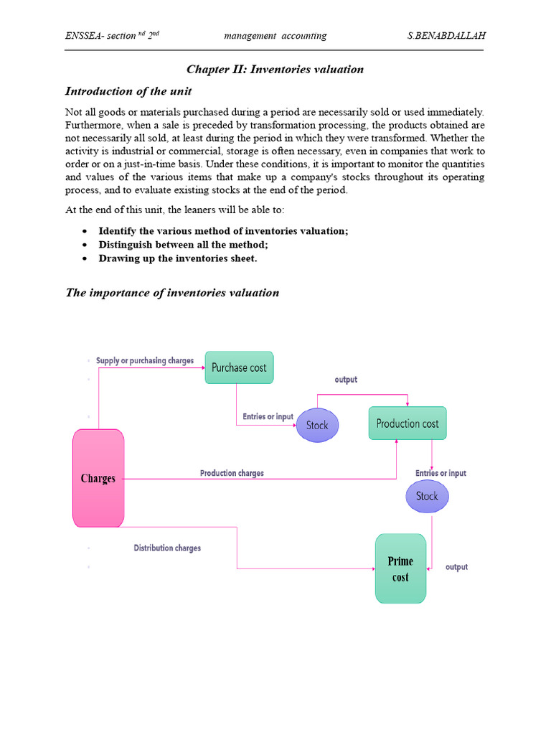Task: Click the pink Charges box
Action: pos(98,478)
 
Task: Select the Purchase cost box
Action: pos(239,367)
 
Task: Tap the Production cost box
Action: pos(408,423)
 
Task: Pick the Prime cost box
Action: pos(400,569)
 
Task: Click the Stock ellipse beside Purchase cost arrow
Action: pos(317,425)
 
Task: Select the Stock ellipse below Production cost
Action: pos(427,496)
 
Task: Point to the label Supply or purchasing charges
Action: pos(145,360)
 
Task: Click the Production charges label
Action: pos(232,473)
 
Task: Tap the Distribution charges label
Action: pos(167,548)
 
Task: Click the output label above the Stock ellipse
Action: pos(346,380)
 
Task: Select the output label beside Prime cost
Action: pos(456,567)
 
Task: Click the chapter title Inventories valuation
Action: pos(275,70)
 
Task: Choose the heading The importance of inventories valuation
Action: pos(172,292)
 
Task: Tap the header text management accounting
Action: pos(275,36)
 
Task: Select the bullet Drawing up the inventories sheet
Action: pos(177,258)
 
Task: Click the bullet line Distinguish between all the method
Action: pos(183,244)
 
